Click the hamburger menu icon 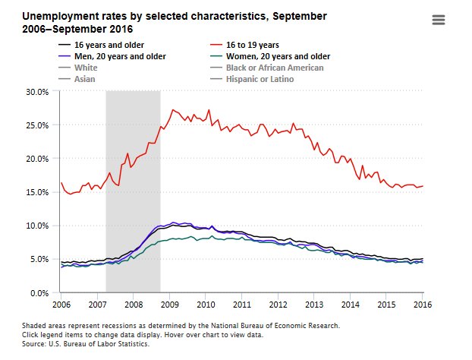point(438,21)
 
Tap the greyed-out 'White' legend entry point(86,68)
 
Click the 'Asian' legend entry point(86,78)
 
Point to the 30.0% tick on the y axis point(38,91)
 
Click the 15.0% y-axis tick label point(38,192)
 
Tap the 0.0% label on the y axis point(40,292)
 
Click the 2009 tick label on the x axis point(169,304)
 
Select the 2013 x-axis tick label point(313,304)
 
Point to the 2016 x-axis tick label point(422,304)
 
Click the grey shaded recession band point(133,190)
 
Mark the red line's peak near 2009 point(173,109)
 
